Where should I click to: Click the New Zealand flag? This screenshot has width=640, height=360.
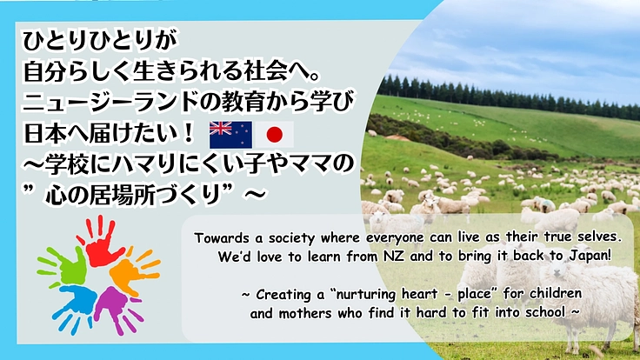pyautogui.click(x=230, y=134)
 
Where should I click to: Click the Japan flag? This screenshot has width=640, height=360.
pyautogui.click(x=274, y=135)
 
